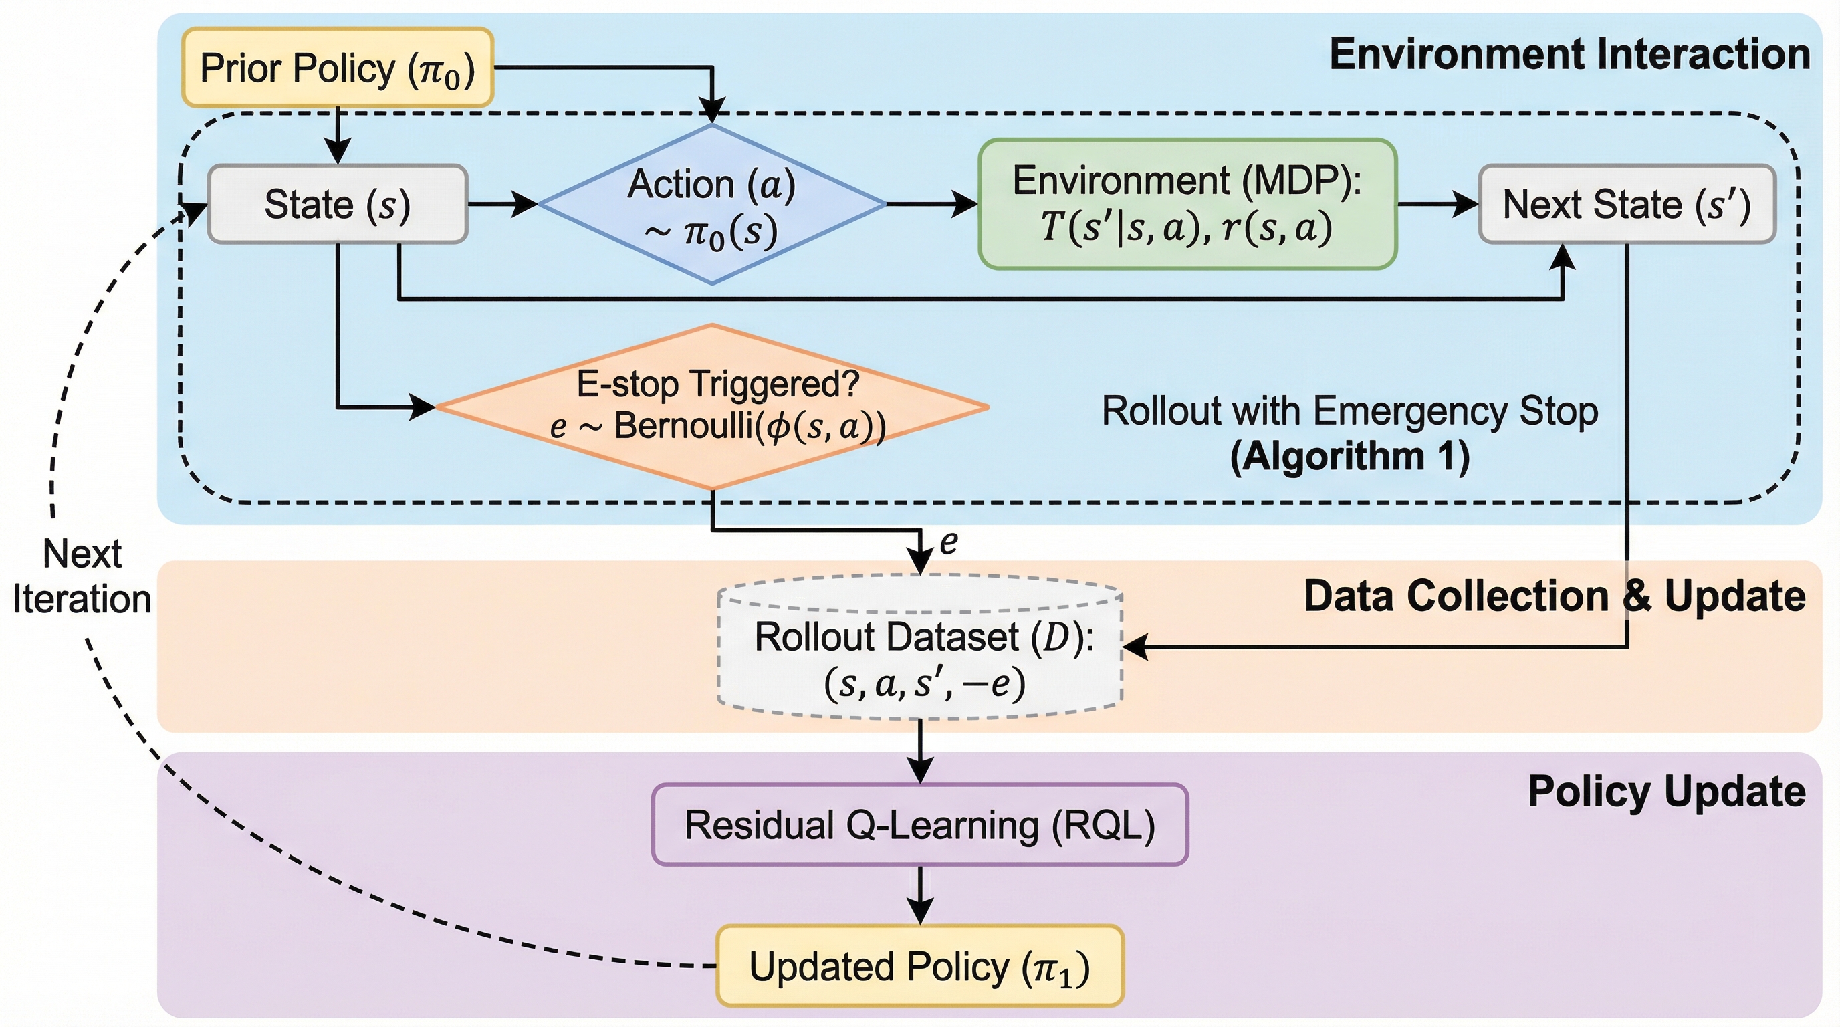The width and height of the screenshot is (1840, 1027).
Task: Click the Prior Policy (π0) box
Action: [337, 68]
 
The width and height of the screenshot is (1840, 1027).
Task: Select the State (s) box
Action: [337, 204]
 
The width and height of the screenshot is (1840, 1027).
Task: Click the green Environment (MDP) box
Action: [1187, 204]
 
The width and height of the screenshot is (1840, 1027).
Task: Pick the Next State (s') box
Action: [1627, 204]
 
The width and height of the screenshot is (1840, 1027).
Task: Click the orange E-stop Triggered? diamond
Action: [711, 407]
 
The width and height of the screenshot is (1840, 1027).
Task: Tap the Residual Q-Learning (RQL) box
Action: [920, 825]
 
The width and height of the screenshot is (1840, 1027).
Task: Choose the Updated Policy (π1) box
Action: [920, 966]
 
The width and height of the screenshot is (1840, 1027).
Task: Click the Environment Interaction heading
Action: [1569, 54]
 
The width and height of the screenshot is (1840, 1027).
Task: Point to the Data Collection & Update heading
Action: [1555, 596]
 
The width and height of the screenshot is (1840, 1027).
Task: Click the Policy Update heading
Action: [1666, 792]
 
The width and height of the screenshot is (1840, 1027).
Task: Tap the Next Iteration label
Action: [82, 576]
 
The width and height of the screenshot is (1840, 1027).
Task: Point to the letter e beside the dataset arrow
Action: [949, 543]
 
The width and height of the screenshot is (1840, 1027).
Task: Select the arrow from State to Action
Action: [503, 204]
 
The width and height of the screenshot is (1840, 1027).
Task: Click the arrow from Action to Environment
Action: [931, 204]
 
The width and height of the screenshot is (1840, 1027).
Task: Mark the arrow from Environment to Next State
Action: [1437, 204]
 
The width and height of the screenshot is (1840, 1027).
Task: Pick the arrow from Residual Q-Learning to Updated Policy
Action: [920, 895]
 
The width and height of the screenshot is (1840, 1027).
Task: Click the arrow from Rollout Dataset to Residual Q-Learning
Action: [920, 751]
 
